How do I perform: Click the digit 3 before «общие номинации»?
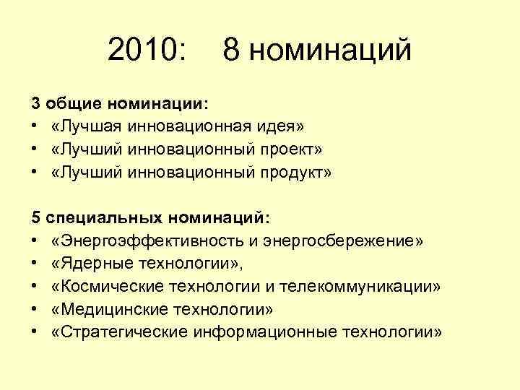35,104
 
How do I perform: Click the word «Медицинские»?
105,309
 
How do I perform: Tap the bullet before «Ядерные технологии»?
35,264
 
